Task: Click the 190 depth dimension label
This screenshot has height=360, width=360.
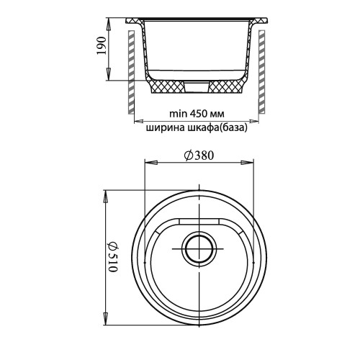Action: pos(101,45)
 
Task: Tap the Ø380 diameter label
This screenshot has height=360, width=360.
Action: pos(199,156)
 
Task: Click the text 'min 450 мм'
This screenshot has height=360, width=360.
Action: pos(197,114)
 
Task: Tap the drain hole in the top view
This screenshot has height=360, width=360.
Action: pos(199,248)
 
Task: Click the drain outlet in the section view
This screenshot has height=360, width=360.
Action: pos(197,87)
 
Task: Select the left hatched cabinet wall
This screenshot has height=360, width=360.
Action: pos(131,72)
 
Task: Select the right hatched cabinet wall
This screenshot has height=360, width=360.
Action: pos(261,72)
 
